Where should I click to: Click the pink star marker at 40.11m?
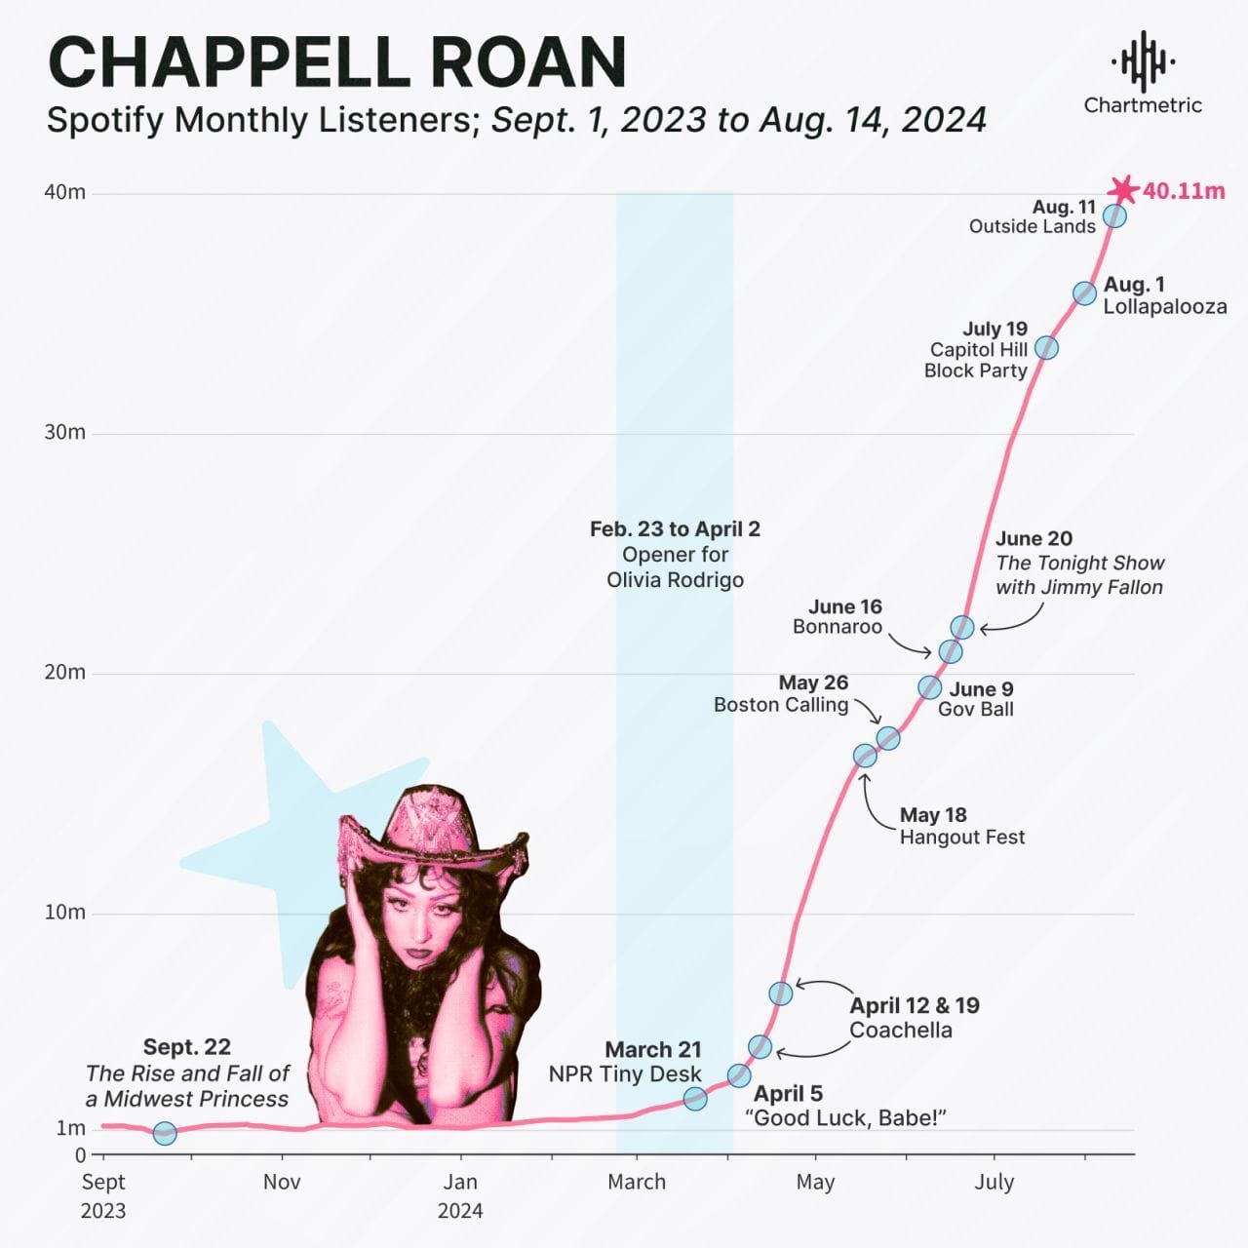point(1124,190)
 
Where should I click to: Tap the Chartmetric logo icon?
point(1143,60)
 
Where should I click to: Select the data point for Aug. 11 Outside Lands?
point(1114,215)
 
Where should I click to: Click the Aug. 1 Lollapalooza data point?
point(1084,292)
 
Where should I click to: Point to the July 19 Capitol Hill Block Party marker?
point(1046,347)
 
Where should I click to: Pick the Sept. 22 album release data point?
point(165,1133)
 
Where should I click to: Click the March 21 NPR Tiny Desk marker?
point(695,1099)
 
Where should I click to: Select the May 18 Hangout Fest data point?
point(865,756)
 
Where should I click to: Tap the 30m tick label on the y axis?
point(64,432)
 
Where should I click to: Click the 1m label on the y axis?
point(70,1128)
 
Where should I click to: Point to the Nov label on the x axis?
point(282,1182)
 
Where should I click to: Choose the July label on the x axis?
point(994,1182)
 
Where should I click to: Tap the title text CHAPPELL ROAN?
point(336,62)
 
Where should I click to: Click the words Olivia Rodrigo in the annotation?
point(675,580)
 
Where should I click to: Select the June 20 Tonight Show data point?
point(962,627)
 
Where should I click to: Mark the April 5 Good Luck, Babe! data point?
point(739,1075)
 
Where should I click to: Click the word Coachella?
point(900,1030)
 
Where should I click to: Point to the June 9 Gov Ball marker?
point(930,687)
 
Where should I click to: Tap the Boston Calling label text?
point(780,705)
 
